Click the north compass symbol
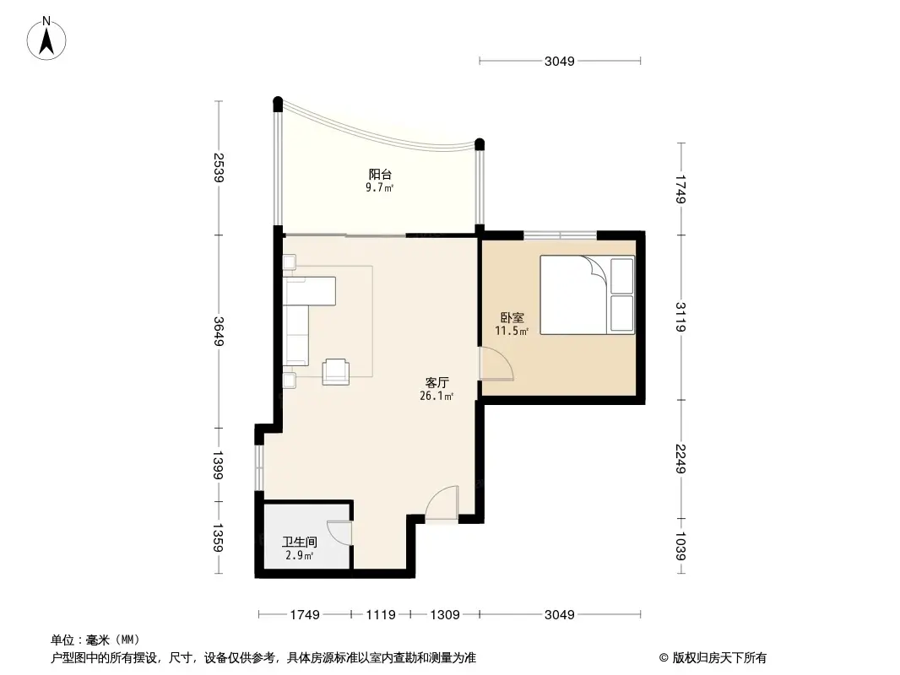(x=48, y=38)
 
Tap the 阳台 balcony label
(x=379, y=175)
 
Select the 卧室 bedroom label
(x=512, y=318)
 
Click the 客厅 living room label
(x=436, y=382)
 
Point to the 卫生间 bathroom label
(x=299, y=543)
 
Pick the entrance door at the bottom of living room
(x=442, y=504)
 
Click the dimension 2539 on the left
(x=219, y=168)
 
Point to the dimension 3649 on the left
(x=219, y=332)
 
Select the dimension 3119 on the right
(x=681, y=316)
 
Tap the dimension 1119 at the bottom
(x=381, y=615)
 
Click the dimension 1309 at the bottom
(x=444, y=615)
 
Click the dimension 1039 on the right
(x=681, y=549)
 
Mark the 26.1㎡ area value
(x=436, y=396)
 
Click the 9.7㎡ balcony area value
(x=379, y=188)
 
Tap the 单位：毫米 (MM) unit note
(x=95, y=640)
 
